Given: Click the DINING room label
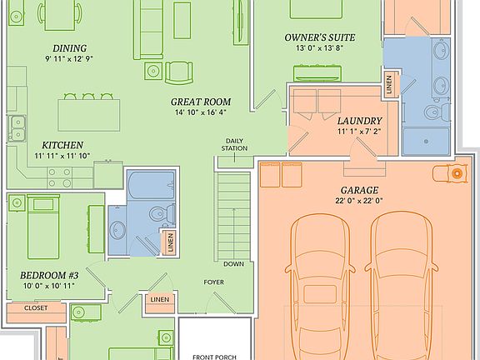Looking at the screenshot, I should [69, 47].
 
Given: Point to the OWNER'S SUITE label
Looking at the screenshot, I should [320, 38].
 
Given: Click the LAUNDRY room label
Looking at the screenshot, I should [359, 120].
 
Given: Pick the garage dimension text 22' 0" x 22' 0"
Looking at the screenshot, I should [360, 200].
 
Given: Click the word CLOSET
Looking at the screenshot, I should [35, 307].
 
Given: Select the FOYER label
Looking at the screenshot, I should [213, 282].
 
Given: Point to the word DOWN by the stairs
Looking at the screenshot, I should [233, 263].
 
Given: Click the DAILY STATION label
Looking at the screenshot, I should [235, 144].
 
